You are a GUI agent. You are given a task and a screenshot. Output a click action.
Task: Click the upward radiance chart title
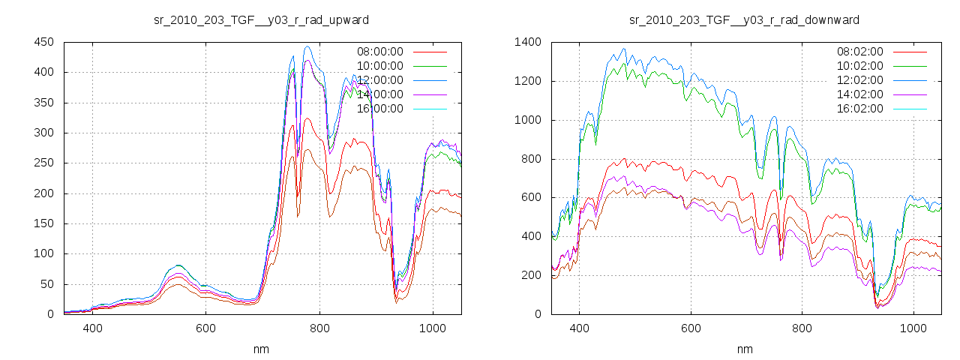click(261, 19)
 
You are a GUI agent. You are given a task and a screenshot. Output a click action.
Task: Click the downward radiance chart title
click(744, 19)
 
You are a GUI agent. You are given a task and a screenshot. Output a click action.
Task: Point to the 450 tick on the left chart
click(43, 42)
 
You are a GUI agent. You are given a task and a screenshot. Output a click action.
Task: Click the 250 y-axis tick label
click(43, 163)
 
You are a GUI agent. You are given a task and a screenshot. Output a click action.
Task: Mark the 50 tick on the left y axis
click(46, 283)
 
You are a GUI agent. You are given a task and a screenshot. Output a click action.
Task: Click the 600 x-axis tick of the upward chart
click(206, 328)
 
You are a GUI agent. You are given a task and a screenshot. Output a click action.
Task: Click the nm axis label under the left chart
click(261, 349)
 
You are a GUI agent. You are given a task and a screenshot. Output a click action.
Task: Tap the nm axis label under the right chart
click(744, 349)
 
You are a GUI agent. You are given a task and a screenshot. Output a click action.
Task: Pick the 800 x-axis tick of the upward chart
click(319, 328)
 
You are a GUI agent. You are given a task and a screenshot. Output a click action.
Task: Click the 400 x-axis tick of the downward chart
click(578, 328)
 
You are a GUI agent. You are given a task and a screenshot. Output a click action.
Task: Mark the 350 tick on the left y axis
click(43, 103)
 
